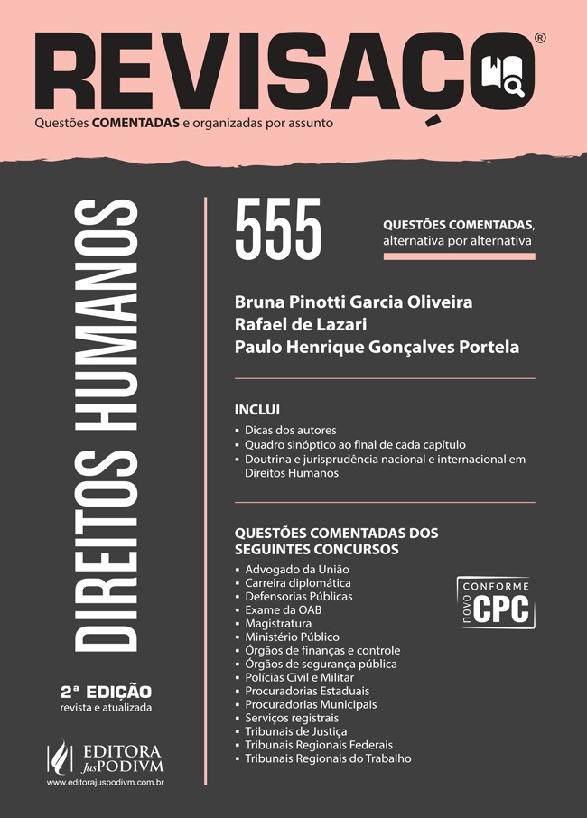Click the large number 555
(x=277, y=231)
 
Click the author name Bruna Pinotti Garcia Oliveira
(x=353, y=301)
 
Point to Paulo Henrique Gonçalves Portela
(x=377, y=347)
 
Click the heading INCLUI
(x=257, y=409)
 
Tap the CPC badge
(x=496, y=602)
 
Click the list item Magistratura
(x=278, y=624)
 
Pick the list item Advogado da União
(x=297, y=570)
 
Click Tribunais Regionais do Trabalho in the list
(x=328, y=758)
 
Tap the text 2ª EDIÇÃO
(x=106, y=692)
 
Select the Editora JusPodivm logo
(x=105, y=757)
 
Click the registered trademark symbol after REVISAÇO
(x=540, y=38)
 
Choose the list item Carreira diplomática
(x=298, y=583)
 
